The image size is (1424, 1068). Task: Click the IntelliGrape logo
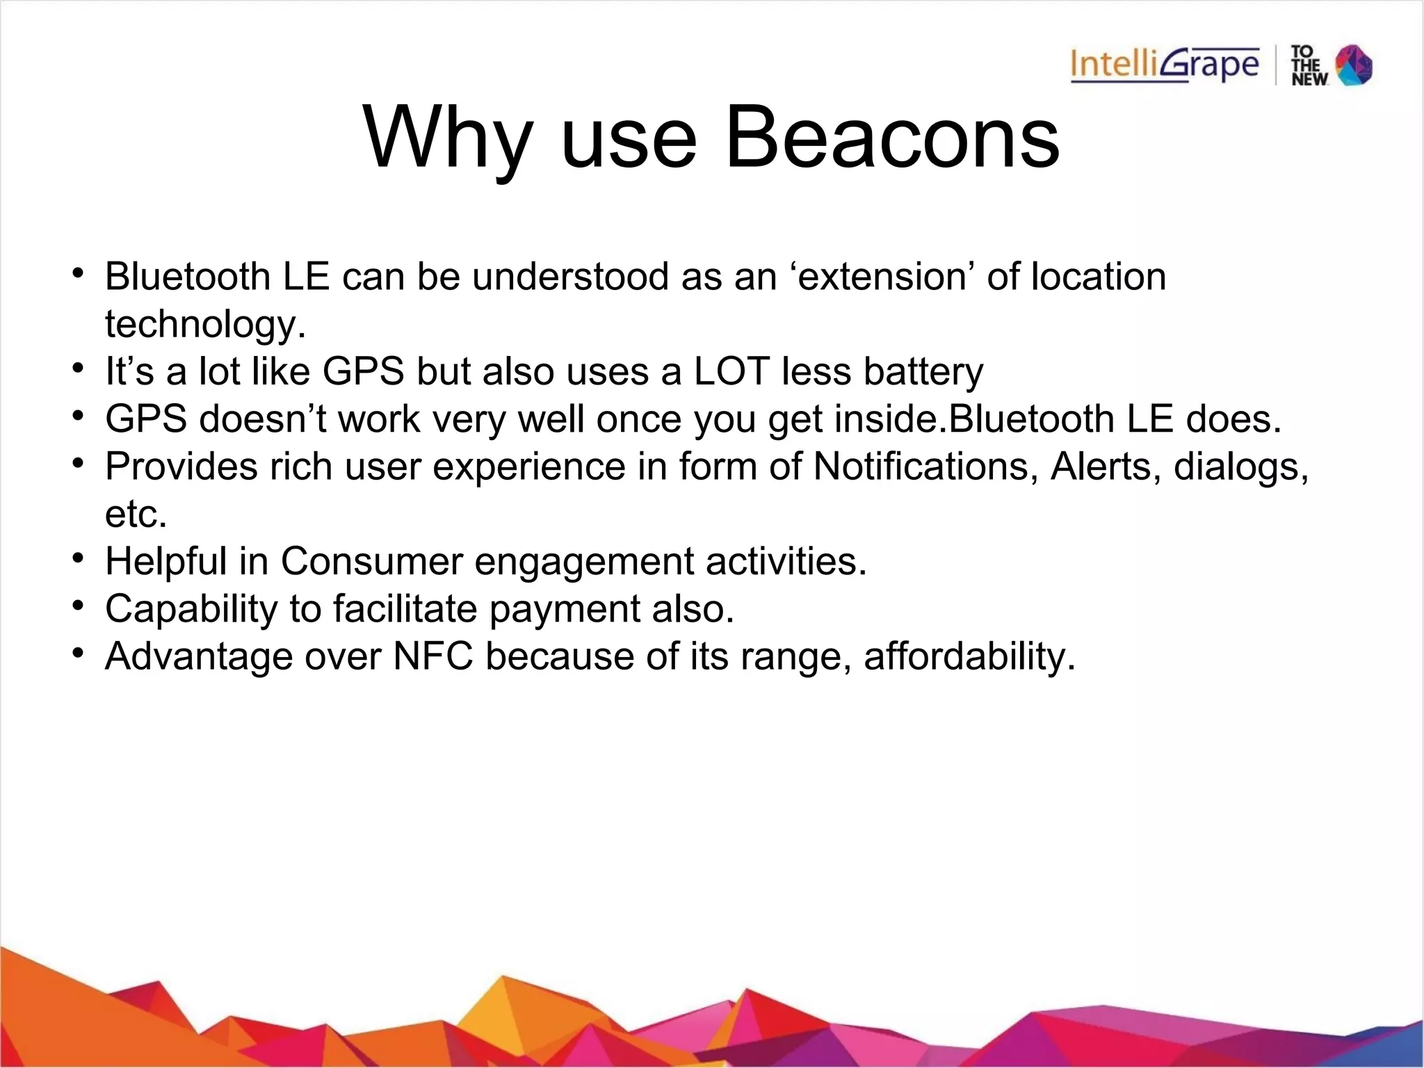tap(1165, 65)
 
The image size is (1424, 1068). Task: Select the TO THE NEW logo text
tap(1309, 65)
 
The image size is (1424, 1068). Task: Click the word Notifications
tap(921, 467)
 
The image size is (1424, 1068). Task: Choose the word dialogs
tap(1241, 467)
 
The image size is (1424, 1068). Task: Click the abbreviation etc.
tap(136, 514)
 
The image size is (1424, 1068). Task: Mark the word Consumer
tap(371, 561)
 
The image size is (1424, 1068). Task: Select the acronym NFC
tap(433, 656)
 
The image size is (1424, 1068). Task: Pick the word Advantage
tap(199, 656)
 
